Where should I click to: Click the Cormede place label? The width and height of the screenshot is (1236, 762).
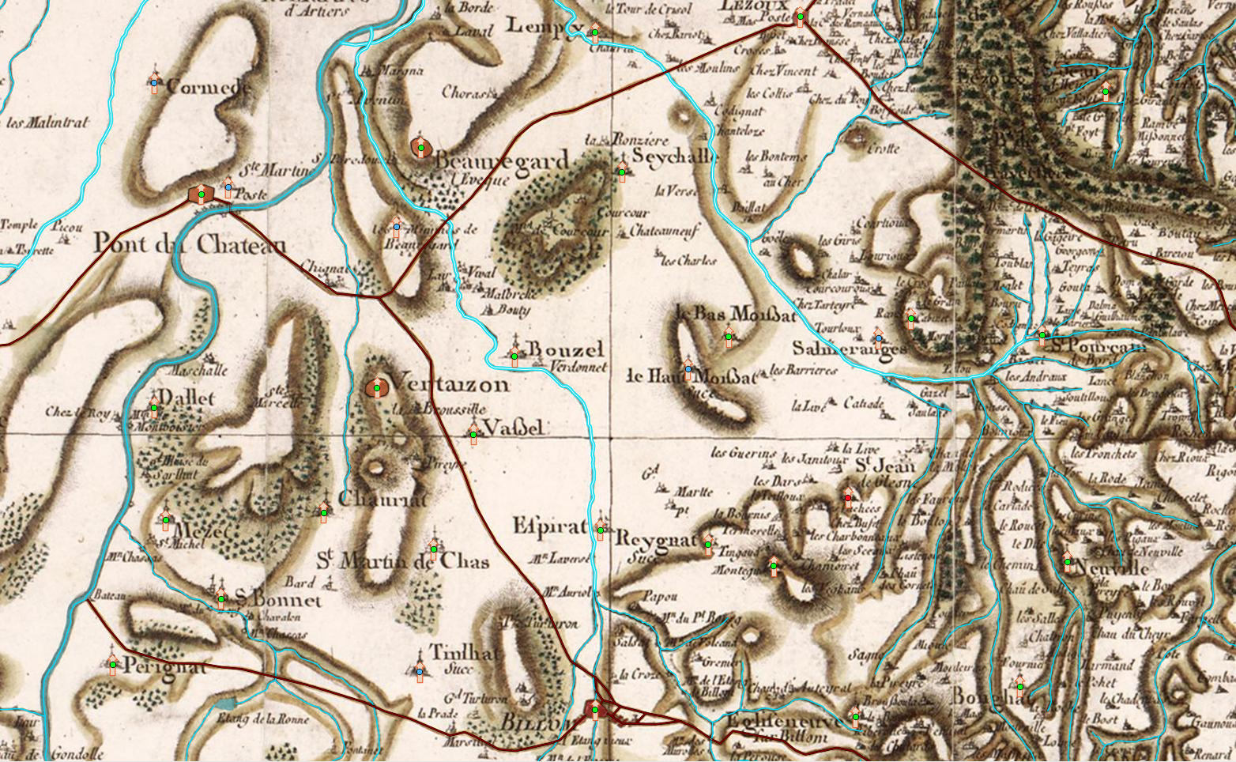tap(208, 88)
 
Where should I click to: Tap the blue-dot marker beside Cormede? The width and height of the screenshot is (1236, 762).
tap(154, 82)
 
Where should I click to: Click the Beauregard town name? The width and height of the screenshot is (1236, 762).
tap(501, 161)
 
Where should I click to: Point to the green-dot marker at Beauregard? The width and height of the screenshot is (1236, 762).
tap(421, 148)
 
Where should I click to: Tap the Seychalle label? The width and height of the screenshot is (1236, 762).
tap(673, 157)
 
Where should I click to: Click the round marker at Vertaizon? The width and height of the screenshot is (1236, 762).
tap(377, 387)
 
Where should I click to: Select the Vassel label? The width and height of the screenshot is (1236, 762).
tap(514, 428)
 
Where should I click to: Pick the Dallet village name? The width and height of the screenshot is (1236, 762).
tap(187, 398)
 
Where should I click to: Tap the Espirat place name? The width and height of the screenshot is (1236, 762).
tap(550, 526)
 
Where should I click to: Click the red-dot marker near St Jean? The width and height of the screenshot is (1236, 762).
tap(848, 498)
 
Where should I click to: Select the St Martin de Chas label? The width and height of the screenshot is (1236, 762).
tap(402, 561)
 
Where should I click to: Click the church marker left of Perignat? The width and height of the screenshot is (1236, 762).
tap(113, 665)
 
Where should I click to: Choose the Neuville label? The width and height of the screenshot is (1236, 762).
tap(1112, 569)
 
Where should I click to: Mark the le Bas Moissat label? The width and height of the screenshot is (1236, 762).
tap(736, 314)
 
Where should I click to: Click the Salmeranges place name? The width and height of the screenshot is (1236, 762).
tap(849, 349)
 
